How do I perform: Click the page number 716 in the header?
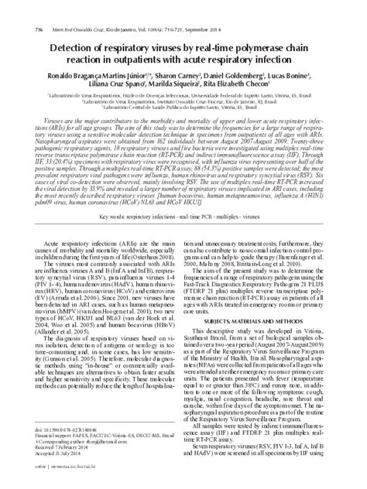[16, 8]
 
